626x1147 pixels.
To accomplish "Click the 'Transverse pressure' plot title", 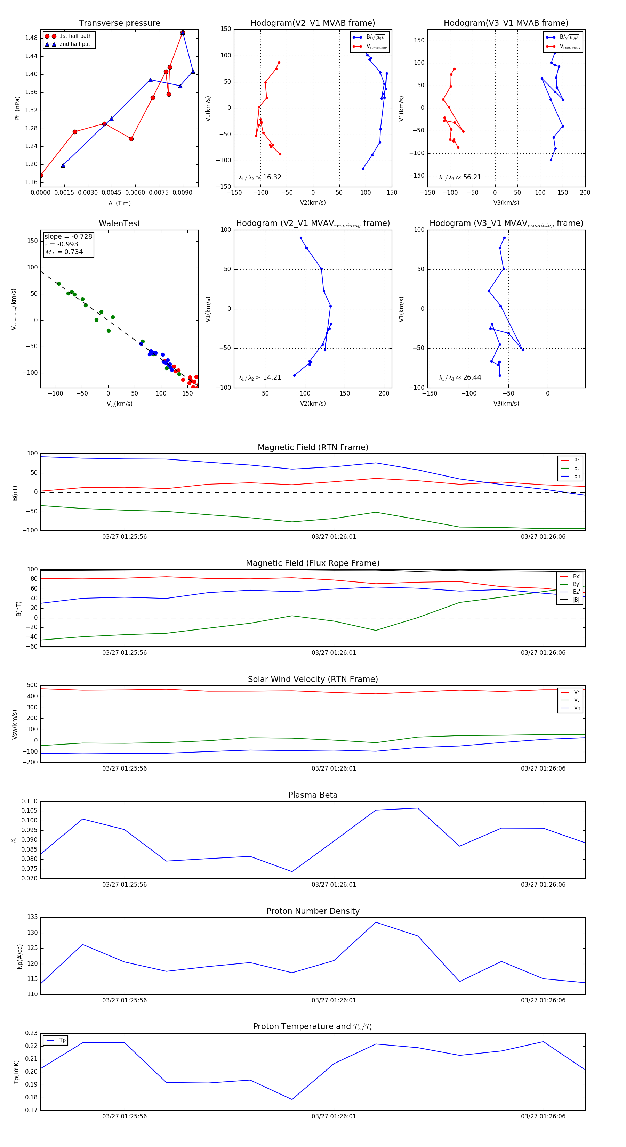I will coord(119,23).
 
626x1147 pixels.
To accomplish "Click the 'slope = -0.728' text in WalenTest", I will coord(68,236).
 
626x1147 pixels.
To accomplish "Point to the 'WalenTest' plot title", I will coord(119,223).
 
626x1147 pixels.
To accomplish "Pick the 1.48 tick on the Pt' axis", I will coord(31,38).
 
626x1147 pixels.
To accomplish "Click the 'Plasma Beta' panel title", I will coord(313,795).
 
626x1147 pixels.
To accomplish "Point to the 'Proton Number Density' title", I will coord(313,911).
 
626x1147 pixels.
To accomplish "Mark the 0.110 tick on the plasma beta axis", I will coord(30,801).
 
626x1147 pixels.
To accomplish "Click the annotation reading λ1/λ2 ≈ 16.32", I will coord(260,177).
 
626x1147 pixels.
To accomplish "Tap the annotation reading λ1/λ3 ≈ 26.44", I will coord(460,377).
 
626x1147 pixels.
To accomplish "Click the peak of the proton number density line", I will coord(376,922).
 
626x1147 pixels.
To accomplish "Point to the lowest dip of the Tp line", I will coord(292,1099).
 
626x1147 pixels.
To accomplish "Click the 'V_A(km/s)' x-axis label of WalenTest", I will coord(119,404).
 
